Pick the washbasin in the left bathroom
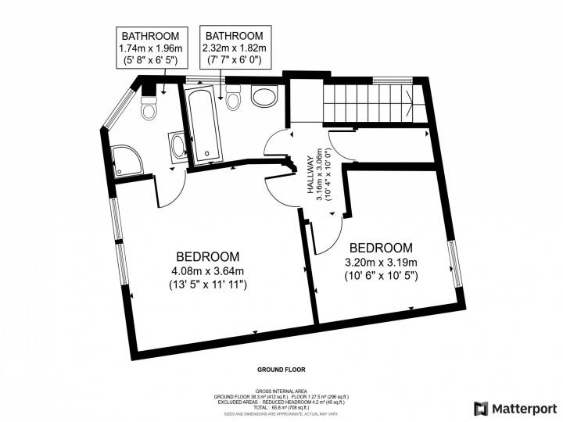coord(178,146)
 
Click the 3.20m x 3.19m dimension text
coord(381,262)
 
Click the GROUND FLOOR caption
coord(281,369)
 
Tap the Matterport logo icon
coord(481,409)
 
